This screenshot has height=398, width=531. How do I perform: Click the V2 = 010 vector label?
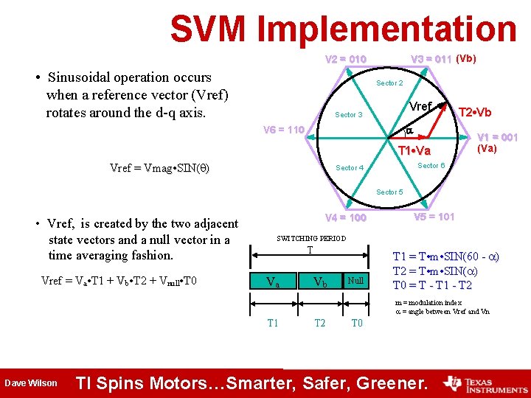[x=346, y=59]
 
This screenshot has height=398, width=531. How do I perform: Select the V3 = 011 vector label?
[x=431, y=59]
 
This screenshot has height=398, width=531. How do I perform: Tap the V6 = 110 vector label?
[x=284, y=130]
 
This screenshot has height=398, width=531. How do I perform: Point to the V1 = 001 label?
[x=497, y=137]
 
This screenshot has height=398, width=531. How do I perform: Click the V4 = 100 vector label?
[x=346, y=218]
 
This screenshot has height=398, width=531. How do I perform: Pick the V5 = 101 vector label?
[x=434, y=217]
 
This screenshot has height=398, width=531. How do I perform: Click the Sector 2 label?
[x=389, y=83]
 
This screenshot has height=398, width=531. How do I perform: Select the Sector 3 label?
[x=349, y=115]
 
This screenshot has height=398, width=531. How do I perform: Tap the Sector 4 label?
[x=350, y=168]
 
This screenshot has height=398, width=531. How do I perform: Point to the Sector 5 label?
[x=389, y=192]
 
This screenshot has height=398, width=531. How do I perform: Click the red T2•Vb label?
[x=475, y=113]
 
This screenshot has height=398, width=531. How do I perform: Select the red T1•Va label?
[x=414, y=151]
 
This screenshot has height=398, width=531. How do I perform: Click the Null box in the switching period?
[x=355, y=281]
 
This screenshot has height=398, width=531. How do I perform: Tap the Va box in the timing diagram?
[x=273, y=282]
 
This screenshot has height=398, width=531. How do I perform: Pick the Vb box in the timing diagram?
[x=321, y=282]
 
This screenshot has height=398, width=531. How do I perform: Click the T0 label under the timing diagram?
[x=357, y=323]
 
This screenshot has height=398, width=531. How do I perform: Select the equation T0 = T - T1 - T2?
[x=432, y=286]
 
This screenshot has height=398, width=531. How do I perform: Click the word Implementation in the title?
[x=387, y=29]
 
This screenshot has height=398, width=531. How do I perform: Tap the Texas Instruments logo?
[x=484, y=383]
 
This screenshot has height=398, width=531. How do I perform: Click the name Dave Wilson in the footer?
[x=31, y=383]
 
